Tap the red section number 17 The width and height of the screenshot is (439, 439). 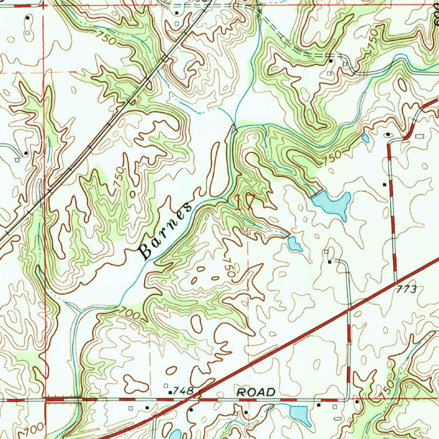coord(245,201)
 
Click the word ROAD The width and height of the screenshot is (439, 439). coord(256,392)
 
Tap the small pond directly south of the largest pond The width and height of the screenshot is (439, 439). coord(295,244)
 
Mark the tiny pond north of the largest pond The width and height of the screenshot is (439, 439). coord(365,138)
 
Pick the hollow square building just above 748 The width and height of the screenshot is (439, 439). coord(166,385)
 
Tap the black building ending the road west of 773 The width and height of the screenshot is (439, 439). coord(329,261)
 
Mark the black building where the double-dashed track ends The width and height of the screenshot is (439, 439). coord(331,61)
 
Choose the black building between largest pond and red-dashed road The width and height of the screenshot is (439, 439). coord(385,184)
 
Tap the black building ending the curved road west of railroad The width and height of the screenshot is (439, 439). coord(26,153)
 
